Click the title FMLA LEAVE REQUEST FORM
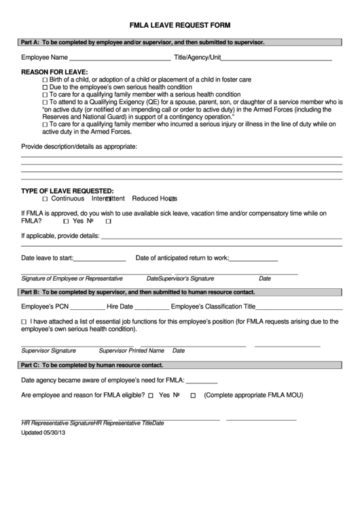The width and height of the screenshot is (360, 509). (x=180, y=24)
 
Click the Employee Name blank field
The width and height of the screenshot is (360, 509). (x=120, y=58)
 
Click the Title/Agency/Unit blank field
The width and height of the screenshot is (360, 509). (x=277, y=58)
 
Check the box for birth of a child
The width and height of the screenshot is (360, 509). (x=46, y=80)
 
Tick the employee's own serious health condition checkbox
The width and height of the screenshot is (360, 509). (x=46, y=88)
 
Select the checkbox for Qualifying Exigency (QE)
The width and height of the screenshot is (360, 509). (x=46, y=102)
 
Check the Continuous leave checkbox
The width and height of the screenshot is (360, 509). (x=45, y=199)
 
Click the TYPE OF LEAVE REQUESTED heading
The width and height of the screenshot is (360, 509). (x=67, y=191)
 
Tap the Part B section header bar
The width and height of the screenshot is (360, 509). (x=180, y=292)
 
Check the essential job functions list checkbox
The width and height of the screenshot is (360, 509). (x=24, y=321)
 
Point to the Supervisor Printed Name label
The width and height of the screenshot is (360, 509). (x=132, y=351)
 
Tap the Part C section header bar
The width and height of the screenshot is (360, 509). (x=180, y=366)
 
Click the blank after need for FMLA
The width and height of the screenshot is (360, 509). (x=202, y=381)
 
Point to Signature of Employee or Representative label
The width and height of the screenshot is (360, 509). (x=72, y=279)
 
